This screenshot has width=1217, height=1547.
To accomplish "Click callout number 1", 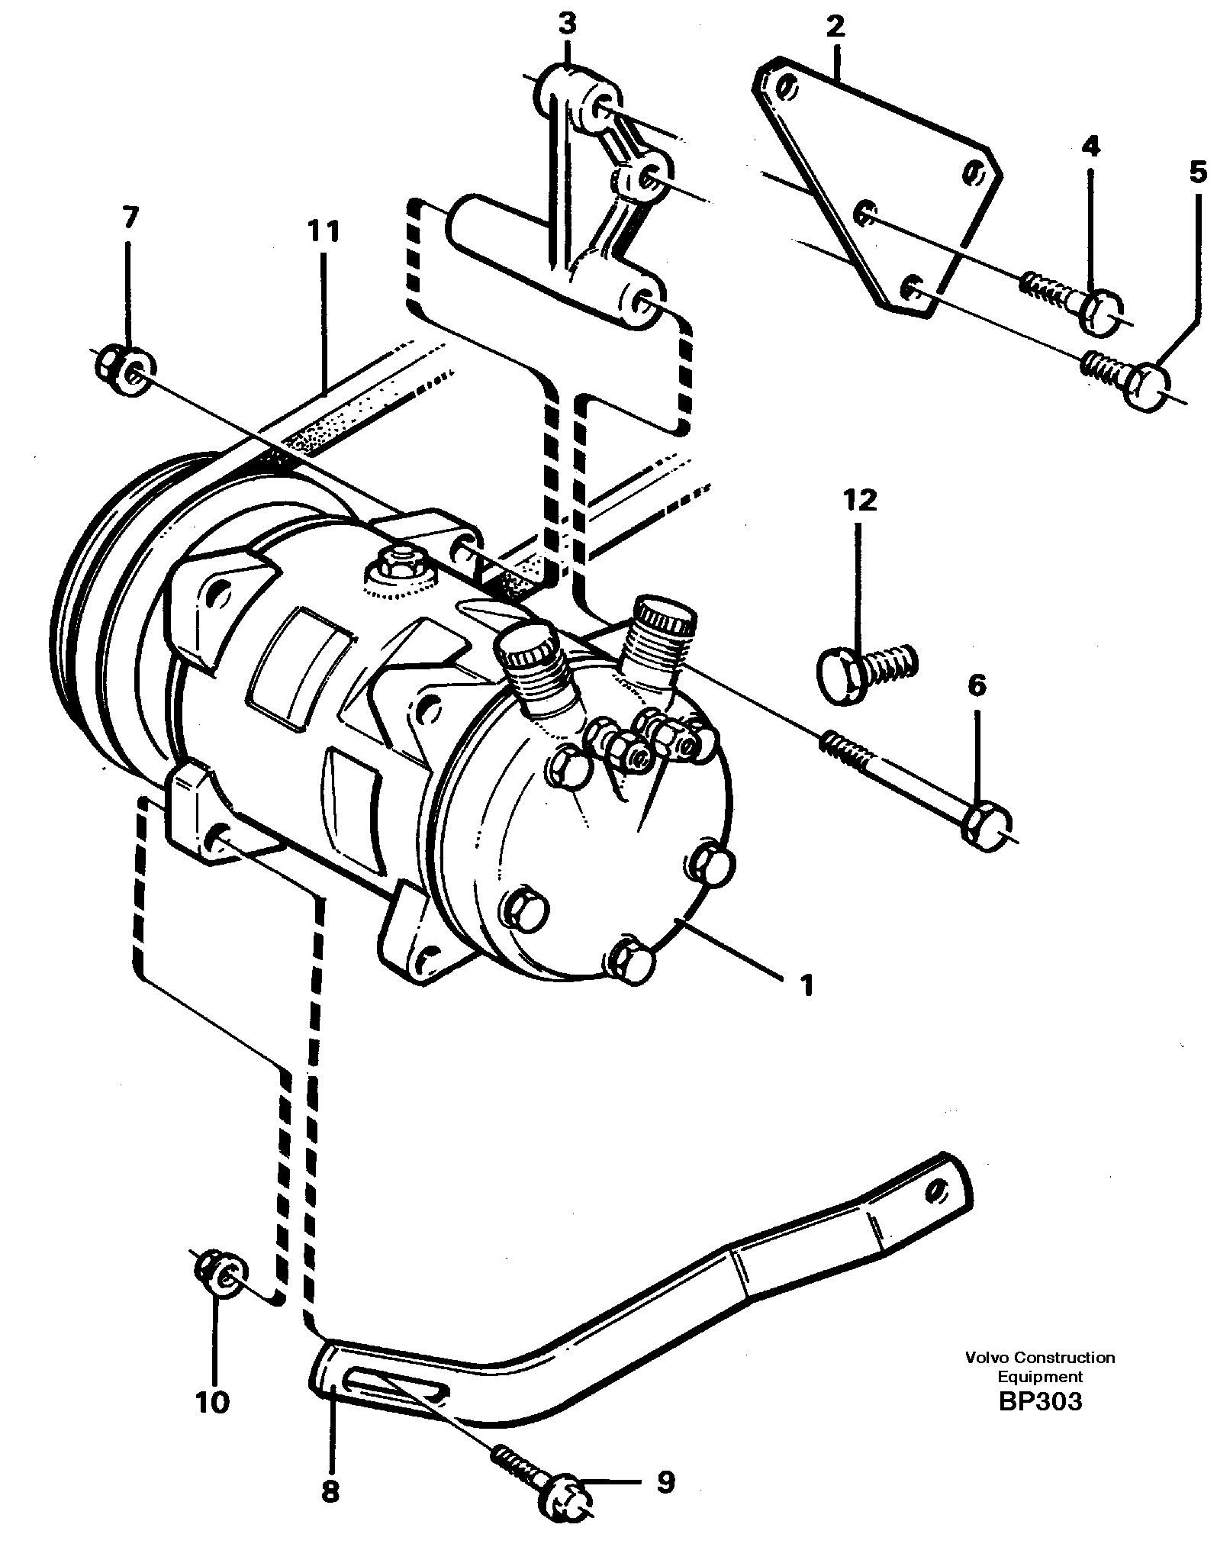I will (806, 985).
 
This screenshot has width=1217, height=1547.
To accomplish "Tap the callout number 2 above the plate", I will (835, 27).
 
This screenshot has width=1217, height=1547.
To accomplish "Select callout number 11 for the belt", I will (323, 230).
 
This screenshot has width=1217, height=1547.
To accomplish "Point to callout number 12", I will (860, 501).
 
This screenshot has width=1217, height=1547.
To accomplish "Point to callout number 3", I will (566, 25).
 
